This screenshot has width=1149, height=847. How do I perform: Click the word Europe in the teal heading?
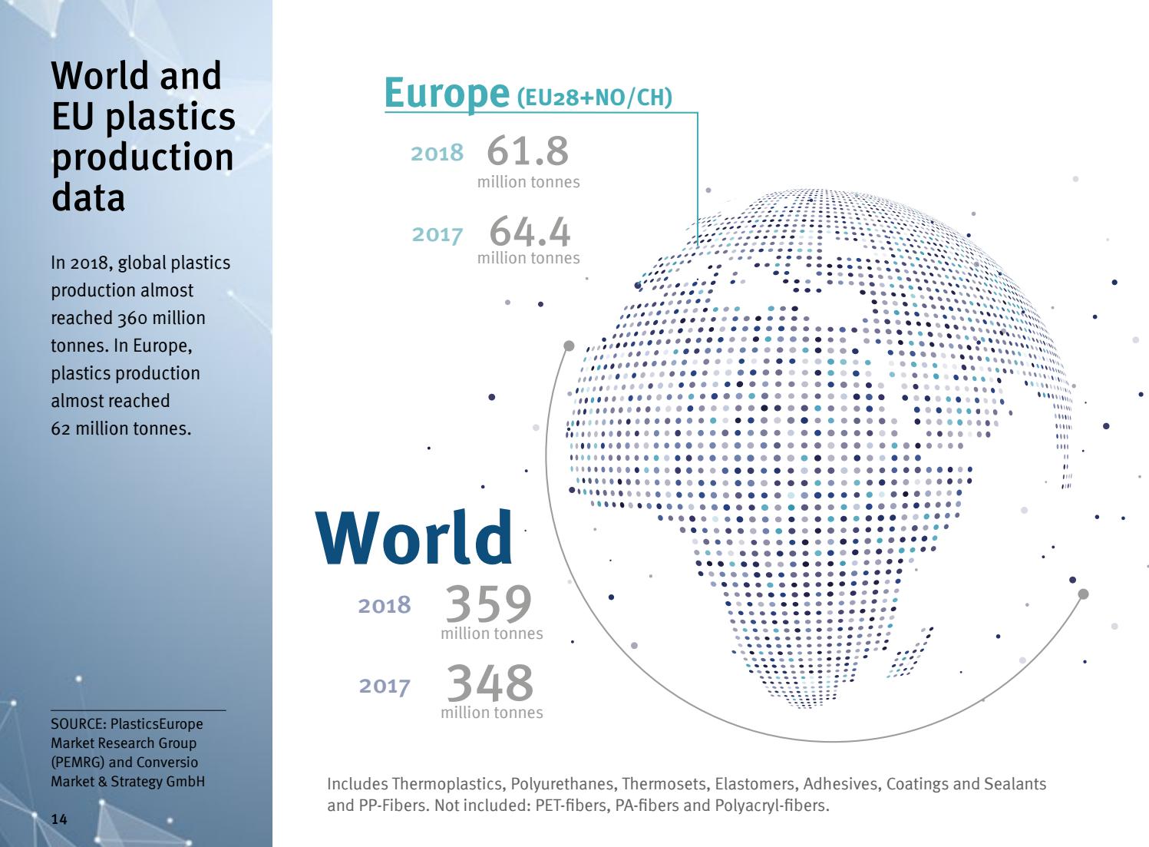[x=446, y=94]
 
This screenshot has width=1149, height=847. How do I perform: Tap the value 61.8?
[x=528, y=150]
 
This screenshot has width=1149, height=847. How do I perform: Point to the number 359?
[x=488, y=604]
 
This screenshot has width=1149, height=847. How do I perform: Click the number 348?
[x=490, y=683]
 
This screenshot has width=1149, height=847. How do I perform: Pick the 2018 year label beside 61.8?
[x=437, y=154]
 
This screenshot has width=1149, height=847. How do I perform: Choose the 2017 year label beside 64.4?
[x=437, y=234]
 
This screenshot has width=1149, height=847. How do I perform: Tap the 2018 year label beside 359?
[x=385, y=606]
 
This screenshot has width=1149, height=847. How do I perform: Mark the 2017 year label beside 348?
[x=385, y=686]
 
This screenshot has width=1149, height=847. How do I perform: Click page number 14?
[x=59, y=819]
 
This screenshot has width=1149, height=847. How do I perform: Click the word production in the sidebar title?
[x=143, y=157]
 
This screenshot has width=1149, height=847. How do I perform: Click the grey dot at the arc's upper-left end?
[x=569, y=346]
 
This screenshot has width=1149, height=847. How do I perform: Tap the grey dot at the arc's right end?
[x=1083, y=594]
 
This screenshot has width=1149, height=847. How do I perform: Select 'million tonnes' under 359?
[x=491, y=634]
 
